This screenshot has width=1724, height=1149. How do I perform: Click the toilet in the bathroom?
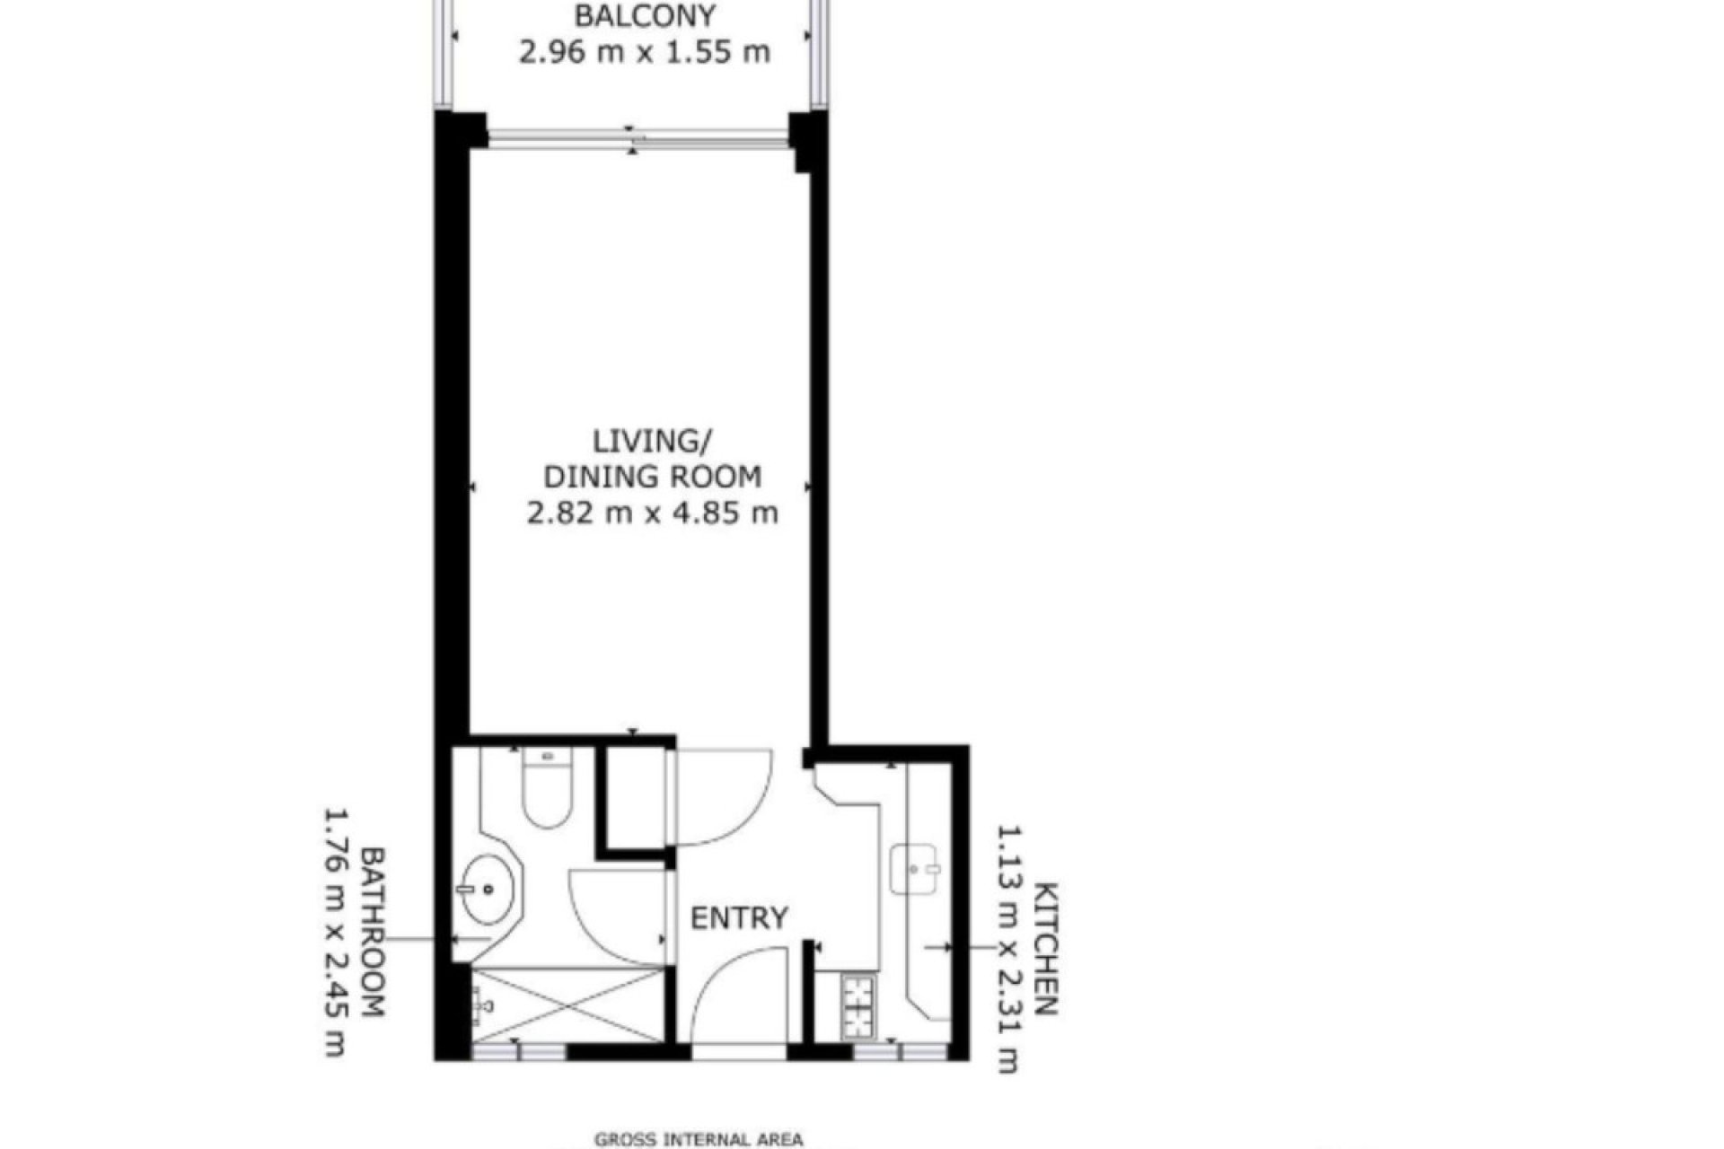pos(547,789)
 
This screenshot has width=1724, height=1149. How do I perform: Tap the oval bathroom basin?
pos(489,890)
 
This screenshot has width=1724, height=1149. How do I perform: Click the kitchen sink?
pos(915,868)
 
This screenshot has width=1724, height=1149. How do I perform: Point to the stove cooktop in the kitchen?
pos(858,1005)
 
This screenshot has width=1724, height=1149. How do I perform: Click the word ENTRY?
pos(738,918)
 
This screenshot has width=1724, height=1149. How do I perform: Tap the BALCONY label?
pos(645,16)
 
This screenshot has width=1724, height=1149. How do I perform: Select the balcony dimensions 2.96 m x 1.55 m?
pos(645,52)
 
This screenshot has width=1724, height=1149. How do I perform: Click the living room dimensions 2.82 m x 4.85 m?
pos(652,513)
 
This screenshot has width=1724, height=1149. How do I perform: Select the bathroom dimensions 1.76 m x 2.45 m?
pos(335,934)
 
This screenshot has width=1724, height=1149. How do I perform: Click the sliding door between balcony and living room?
pos(638,139)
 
